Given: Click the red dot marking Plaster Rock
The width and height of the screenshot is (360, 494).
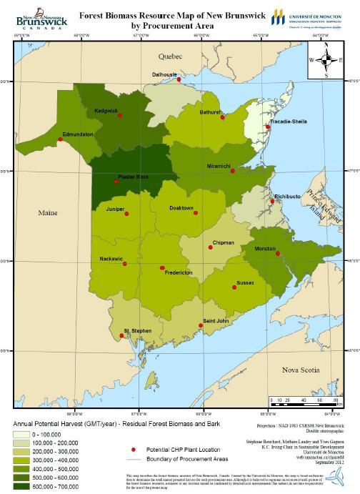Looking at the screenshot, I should [x=116, y=182].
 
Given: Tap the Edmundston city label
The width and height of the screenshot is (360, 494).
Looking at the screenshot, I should [x=78, y=134].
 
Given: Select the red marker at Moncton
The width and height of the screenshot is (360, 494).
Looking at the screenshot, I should [x=278, y=254].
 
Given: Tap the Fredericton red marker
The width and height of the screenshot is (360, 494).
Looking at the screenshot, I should [x=163, y=267].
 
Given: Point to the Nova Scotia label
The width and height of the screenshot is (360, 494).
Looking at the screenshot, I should [x=300, y=370].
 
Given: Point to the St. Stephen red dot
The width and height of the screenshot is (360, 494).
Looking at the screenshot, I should [x=119, y=336].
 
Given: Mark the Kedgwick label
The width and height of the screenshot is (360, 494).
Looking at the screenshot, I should [x=106, y=111].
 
